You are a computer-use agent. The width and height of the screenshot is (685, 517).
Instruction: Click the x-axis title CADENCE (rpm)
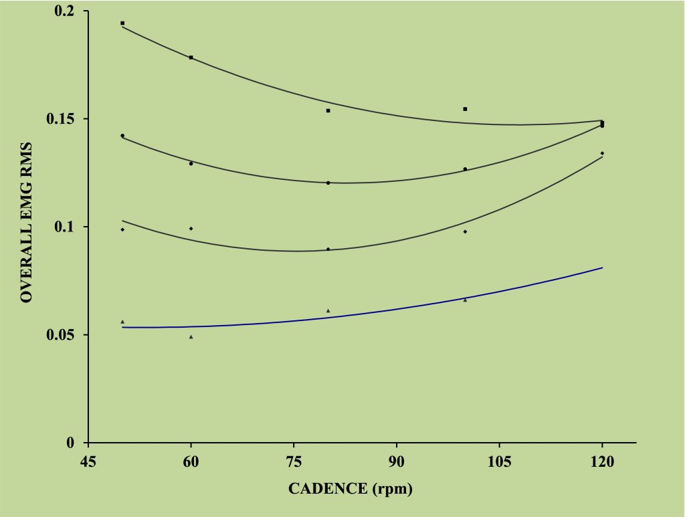coord(351,489)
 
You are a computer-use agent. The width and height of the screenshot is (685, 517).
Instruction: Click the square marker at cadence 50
coord(122,23)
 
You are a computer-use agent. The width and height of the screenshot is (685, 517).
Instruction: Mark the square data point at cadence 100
coord(465,108)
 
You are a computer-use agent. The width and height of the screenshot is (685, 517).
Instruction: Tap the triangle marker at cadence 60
coord(191,336)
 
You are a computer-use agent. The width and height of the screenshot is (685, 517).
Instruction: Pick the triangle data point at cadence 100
coord(465,300)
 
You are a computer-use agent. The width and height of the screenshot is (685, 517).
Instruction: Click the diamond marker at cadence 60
coord(191,229)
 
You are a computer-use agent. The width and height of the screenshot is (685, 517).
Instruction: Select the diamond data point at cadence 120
coord(602,153)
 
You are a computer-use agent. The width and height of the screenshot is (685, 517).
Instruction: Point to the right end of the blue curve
coord(602,268)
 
